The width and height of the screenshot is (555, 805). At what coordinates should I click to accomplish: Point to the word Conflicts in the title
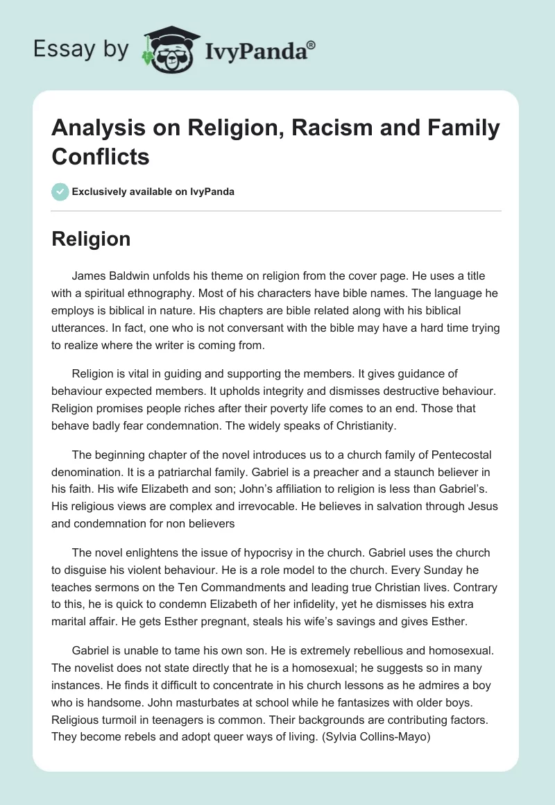click(x=101, y=156)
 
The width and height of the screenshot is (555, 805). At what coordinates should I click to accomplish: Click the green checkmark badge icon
click(x=60, y=192)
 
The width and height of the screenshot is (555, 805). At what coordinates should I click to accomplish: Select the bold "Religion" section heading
click(x=91, y=239)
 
